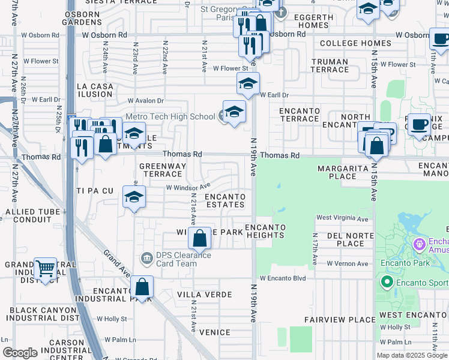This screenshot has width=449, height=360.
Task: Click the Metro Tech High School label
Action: (170, 116)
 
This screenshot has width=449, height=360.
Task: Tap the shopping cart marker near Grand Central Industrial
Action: (46, 269)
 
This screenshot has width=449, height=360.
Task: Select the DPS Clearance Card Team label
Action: (176, 259)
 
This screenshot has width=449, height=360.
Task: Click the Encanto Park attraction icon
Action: (420, 245)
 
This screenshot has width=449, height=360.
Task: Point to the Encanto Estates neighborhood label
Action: (225, 200)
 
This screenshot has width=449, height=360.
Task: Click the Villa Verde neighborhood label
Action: (205, 295)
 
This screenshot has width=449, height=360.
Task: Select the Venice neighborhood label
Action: (215, 332)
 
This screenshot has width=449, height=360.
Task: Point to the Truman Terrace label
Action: (330, 66)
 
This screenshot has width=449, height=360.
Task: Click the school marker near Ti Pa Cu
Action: (134, 197)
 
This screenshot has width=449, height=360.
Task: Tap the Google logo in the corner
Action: (20, 353)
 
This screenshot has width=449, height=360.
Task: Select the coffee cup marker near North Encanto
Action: (420, 125)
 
